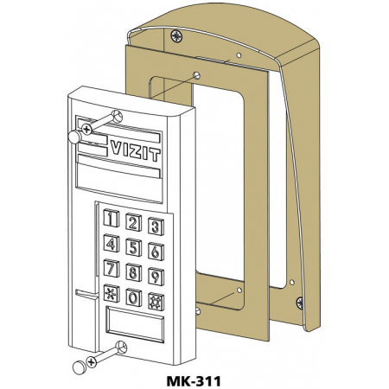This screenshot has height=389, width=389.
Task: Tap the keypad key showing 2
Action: tap(133, 222)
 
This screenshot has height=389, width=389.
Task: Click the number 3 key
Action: tap(156, 226)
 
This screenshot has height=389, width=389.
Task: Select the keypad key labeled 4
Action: tap(112, 243)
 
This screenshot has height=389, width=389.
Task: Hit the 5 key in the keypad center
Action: tap(133, 247)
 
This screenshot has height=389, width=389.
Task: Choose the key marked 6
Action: tap(156, 252)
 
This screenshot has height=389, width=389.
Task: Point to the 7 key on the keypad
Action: tap(112, 268)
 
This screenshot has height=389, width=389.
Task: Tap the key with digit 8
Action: tap(133, 272)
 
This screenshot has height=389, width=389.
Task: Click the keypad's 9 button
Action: tap(156, 277)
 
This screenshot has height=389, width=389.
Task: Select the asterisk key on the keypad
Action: tap(112, 293)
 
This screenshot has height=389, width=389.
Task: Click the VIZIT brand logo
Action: tap(135, 150)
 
